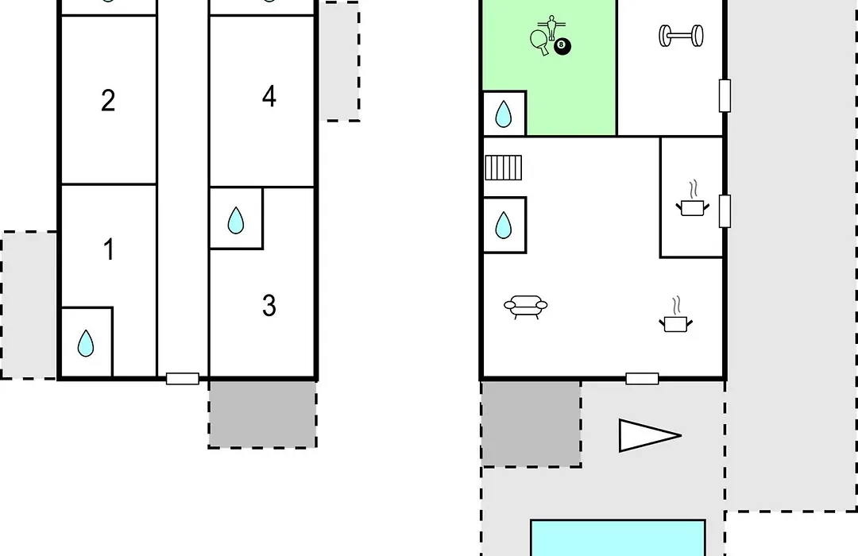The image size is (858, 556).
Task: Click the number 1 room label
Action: tap(109, 249)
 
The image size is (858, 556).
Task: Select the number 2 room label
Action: tap(108, 101)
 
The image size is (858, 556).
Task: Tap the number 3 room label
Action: tap(269, 305)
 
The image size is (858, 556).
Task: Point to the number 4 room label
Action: tap(269, 96)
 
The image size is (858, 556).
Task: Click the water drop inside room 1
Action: tap(85, 343)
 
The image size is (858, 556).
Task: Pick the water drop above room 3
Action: tap(236, 221)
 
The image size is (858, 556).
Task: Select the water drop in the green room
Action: tap(504, 114)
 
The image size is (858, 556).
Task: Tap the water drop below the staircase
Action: tap(504, 225)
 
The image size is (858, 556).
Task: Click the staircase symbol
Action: tap(504, 168)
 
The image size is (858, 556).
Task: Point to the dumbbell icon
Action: tap(682, 36)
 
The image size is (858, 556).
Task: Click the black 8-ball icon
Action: tap(562, 46)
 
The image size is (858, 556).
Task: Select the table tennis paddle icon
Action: tap(539, 41)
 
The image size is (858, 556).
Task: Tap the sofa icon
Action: tap(525, 307)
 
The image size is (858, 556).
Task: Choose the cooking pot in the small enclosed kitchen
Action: tap(693, 199)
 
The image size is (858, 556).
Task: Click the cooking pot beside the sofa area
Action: tap(676, 315)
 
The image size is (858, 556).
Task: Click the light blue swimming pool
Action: tap(618, 538)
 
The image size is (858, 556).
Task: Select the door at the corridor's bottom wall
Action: tap(182, 378)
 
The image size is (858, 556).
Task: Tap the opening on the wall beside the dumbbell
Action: tap(725, 96)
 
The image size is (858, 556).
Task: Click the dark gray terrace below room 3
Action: tap(263, 415)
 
